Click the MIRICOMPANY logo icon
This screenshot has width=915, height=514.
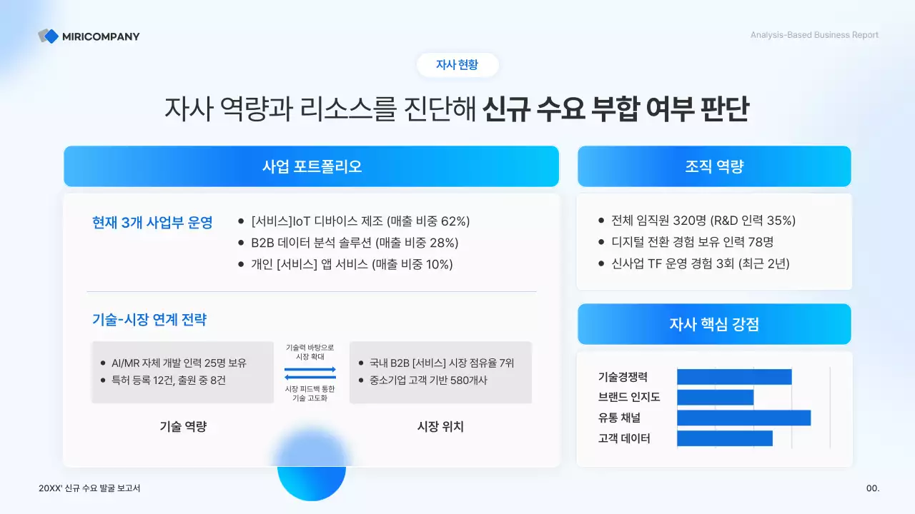pos(48,36)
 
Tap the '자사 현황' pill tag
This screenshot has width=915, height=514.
pos(457,65)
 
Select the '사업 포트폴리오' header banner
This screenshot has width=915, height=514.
pos(311,166)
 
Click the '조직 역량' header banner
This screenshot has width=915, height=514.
pos(713,166)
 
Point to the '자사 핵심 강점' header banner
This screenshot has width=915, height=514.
pos(713,324)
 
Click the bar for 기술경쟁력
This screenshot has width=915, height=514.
pos(734,377)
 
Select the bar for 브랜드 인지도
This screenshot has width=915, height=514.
pos(715,398)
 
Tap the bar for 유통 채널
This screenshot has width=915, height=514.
pos(743,418)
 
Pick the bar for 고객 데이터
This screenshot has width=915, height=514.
pos(724,438)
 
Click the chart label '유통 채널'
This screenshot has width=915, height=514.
pos(619,418)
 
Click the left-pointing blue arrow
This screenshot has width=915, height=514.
pos(310,378)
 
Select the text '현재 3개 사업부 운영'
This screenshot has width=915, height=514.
pos(152,222)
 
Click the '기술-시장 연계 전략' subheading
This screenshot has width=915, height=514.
pos(149,320)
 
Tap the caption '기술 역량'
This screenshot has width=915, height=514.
pos(183,427)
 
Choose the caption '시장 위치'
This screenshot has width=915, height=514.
pos(440,427)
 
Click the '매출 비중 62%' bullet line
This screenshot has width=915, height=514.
pos(360,221)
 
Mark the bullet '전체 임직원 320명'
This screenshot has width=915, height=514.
pos(703,221)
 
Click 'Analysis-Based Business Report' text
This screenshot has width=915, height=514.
pos(814,35)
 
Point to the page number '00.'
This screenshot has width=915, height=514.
pos(872,488)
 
